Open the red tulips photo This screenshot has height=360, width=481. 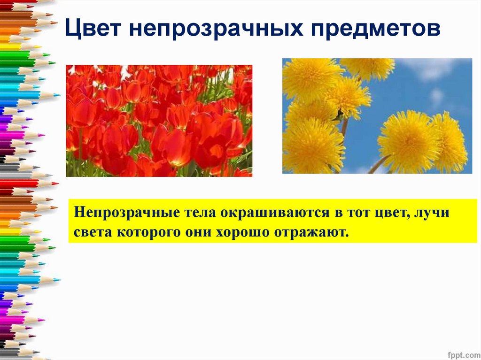[x=159, y=121]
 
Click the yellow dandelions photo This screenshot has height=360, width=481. [x=377, y=116]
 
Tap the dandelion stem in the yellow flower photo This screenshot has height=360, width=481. [x=378, y=165]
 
